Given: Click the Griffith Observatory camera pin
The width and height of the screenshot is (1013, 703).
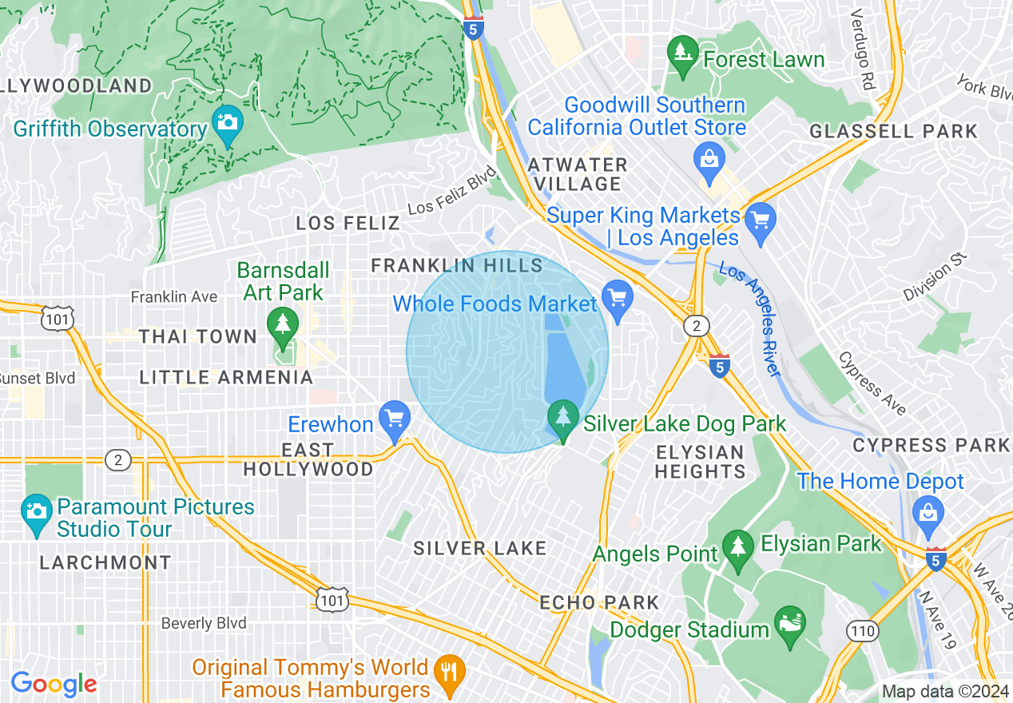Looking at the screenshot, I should coord(228,124).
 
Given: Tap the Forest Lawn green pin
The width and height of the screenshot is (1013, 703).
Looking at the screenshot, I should coord(682,54).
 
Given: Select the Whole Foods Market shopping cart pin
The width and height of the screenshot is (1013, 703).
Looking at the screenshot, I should coord(618,298).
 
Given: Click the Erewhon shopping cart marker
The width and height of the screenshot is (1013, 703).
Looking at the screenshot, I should coord(394,419).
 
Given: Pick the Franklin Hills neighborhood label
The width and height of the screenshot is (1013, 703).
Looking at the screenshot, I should coord(457,265).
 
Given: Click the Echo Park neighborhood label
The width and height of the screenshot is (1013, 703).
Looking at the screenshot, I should coord(599,602).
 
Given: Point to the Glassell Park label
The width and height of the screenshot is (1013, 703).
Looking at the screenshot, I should coord(893,132).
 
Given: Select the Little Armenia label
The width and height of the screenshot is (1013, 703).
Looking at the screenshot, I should coord(226,377).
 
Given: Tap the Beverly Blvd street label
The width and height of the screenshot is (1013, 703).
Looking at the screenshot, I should coord(203,623).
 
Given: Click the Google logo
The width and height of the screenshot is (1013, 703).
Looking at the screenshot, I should coord(54,684).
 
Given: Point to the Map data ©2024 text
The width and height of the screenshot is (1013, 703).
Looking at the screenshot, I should coord(944,692).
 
